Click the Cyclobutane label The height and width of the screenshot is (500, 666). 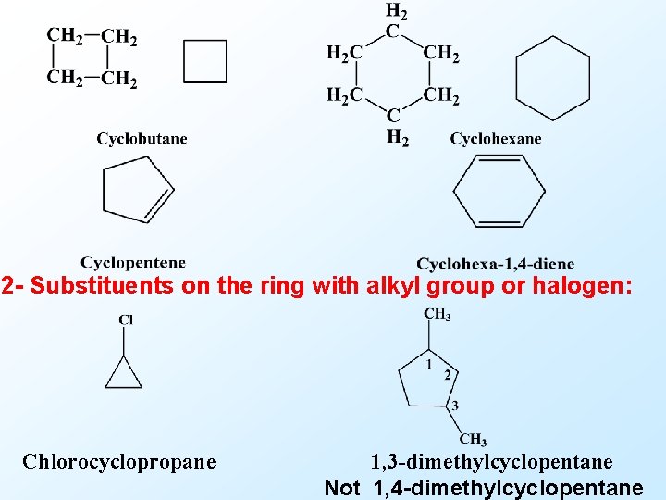pos(142,139)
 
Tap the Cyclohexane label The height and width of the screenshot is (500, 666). pos(496,139)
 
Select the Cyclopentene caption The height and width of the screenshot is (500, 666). pos(133,263)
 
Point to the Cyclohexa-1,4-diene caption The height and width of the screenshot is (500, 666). pos(495,264)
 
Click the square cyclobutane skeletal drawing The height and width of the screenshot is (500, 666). pos(204,61)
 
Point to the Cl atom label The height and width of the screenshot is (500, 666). pos(126,319)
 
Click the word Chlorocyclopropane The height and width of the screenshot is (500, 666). pos(119,461)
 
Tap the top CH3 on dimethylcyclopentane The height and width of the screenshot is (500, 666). pos(438,316)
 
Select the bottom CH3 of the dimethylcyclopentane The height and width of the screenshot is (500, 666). pos(473,439)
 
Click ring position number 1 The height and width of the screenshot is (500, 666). pos(429,364)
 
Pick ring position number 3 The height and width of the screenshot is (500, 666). pos(454,406)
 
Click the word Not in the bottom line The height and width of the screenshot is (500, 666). pos(342,488)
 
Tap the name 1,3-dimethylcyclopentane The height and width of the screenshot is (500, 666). pos(491,461)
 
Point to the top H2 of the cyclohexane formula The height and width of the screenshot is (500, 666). pos(395,12)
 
